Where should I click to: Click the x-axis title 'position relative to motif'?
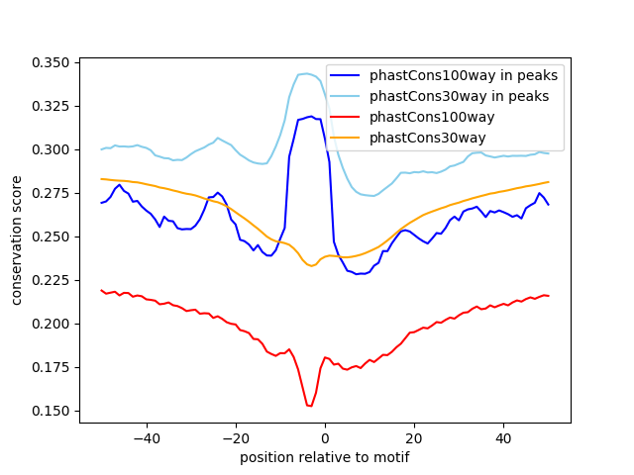(324, 457)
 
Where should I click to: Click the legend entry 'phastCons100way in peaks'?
(463, 75)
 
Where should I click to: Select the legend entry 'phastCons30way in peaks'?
(459, 96)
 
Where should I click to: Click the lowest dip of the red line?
(310, 406)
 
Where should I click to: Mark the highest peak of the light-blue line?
(306, 73)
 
